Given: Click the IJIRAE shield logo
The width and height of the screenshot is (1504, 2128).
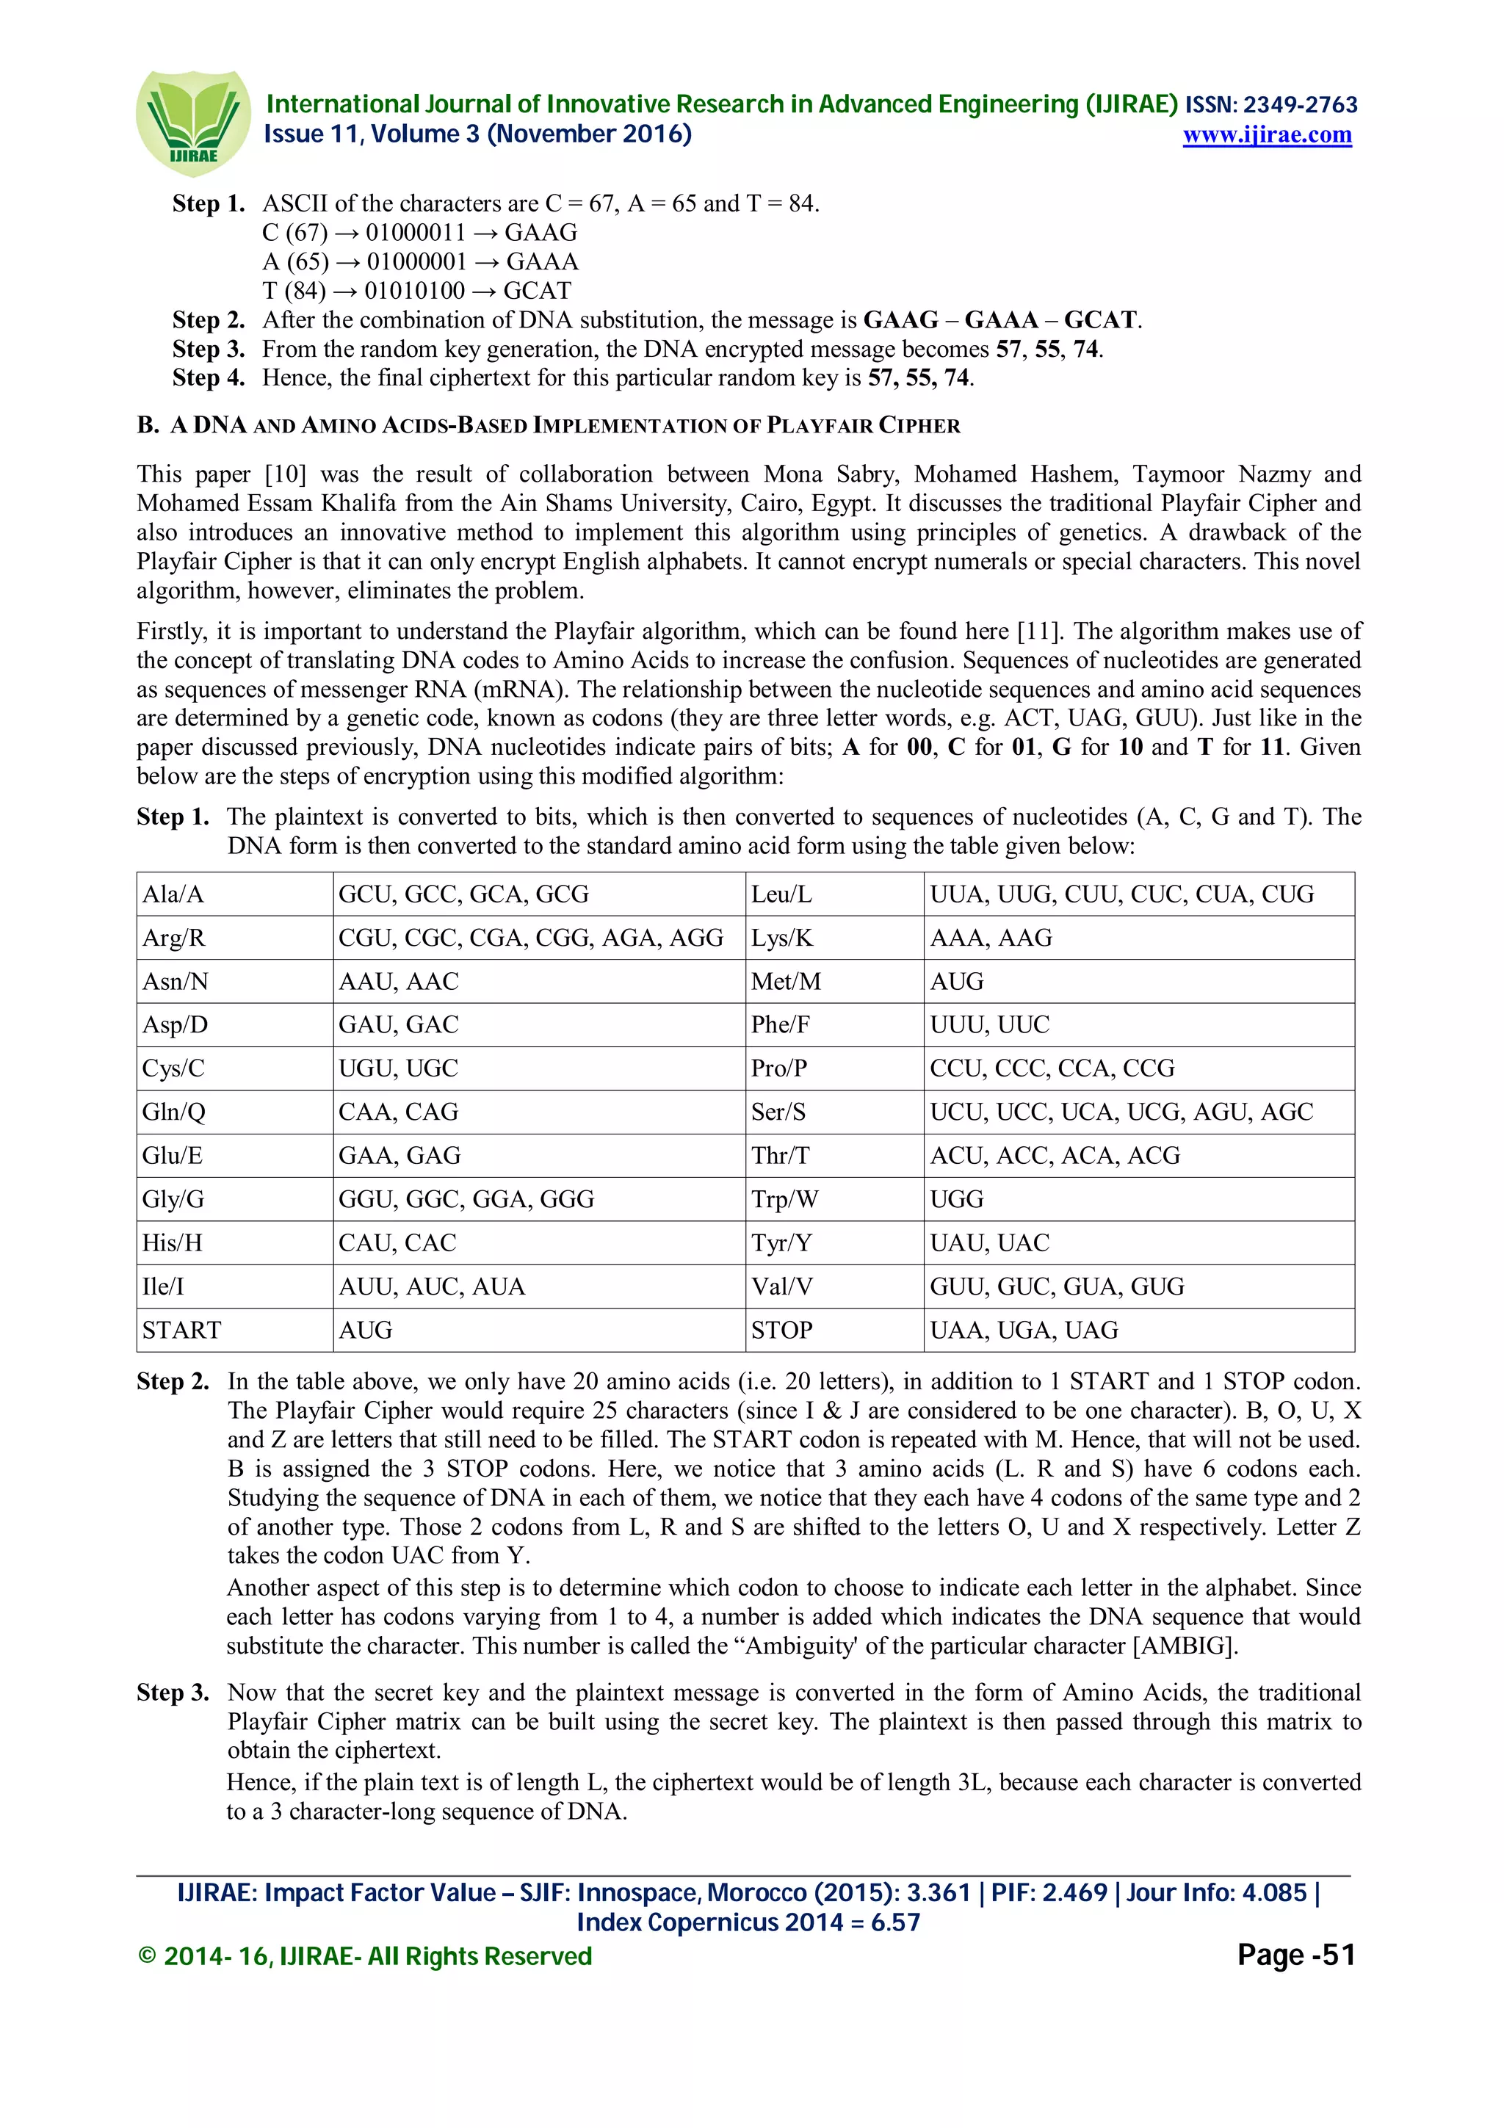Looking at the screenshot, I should click(192, 123).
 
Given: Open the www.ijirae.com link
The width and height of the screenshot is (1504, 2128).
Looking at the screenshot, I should click(1266, 135).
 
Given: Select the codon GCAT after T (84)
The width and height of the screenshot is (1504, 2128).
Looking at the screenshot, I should click(537, 291).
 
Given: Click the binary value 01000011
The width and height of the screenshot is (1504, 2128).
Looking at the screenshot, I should click(415, 233).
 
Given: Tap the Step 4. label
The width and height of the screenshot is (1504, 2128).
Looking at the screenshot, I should click(209, 378).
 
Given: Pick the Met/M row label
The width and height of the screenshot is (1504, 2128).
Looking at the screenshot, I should click(786, 982).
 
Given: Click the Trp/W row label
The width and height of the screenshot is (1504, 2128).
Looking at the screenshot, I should click(785, 1199).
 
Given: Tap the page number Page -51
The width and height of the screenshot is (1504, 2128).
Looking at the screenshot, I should click(1295, 1955).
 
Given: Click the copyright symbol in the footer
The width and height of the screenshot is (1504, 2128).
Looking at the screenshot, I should click(146, 1956).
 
